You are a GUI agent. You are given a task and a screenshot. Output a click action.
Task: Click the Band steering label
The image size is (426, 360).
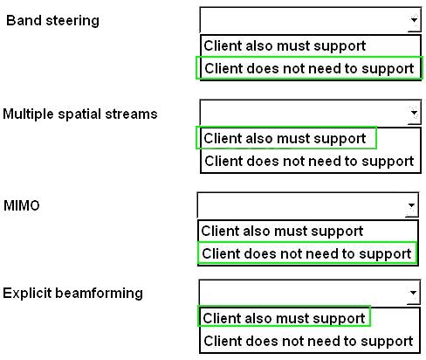52,21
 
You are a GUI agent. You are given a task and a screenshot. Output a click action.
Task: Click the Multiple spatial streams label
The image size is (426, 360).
80,114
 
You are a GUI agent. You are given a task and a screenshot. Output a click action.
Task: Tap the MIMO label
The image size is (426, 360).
22,205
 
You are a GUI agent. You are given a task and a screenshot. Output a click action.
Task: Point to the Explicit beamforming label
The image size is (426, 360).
72,294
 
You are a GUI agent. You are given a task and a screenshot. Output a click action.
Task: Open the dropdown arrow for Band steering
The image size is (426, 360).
414,20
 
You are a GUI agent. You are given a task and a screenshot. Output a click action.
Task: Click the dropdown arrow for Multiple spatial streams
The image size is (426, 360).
414,113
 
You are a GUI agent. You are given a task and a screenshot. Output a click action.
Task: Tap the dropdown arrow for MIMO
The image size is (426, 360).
411,205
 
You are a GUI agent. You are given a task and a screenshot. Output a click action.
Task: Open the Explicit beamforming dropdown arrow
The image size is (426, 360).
413,293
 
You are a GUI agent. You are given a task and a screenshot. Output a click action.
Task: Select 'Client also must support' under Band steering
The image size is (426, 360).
285,46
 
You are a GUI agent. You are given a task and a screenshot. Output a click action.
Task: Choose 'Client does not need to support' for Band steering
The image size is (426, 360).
309,69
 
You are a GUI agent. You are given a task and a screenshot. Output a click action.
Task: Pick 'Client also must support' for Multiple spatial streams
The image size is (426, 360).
285,138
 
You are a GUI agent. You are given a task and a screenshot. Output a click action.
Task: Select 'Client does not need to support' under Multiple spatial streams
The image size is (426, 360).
309,161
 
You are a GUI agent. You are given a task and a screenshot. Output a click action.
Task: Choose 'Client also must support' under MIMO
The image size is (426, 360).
282,232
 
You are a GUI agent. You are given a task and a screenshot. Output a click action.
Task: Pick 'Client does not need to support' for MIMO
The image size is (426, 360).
306,253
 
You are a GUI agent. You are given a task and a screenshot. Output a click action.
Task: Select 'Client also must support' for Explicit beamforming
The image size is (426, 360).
284,318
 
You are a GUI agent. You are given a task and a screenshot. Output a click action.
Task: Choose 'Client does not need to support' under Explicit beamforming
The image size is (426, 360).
308,341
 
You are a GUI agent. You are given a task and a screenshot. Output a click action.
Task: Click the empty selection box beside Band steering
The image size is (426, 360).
304,20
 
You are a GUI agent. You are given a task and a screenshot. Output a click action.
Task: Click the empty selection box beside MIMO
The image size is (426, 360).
302,205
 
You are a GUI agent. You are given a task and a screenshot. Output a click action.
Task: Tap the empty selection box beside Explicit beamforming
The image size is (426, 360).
303,293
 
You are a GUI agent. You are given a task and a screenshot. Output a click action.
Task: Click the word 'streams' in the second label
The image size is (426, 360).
131,114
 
